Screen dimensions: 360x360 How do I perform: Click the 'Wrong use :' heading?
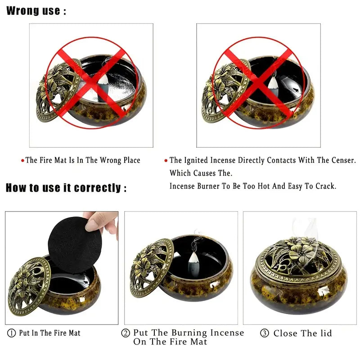point(36,11)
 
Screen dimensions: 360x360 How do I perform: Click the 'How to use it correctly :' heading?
point(66,188)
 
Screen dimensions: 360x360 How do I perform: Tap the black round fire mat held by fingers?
point(75,245)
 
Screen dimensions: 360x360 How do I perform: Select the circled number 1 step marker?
point(12,333)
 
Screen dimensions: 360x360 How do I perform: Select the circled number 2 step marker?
point(126,333)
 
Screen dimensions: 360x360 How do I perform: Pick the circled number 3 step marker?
point(265,333)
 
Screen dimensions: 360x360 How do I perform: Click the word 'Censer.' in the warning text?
point(344,160)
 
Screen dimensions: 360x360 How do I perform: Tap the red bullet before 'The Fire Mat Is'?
point(22,161)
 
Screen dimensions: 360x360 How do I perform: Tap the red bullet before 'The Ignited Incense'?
point(166,161)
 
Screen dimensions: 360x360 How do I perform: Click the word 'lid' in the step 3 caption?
point(325,333)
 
